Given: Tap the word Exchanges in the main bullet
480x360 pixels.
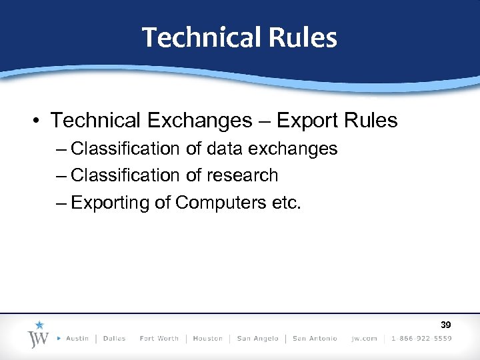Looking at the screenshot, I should pos(197,121).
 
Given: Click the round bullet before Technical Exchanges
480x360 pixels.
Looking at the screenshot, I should pos(37,121).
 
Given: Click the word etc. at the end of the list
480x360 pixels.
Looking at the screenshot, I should pos(287,203).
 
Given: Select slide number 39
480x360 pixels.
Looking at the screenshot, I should pos(445,325).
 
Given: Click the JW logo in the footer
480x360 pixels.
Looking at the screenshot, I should pos(37,337).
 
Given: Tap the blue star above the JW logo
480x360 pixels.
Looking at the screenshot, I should pos(39,325).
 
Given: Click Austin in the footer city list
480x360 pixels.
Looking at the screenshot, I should pos(77,339).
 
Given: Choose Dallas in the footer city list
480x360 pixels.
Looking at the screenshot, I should pos(115,339).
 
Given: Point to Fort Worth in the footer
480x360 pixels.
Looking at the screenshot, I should pos(159,339).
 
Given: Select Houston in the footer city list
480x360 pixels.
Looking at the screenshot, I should pos(207,339).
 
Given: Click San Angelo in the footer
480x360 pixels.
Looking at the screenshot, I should pos(257,339).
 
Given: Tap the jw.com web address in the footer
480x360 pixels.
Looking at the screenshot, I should pos(364,339).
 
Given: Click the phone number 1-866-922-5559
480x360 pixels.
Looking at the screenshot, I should pos(421,339).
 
